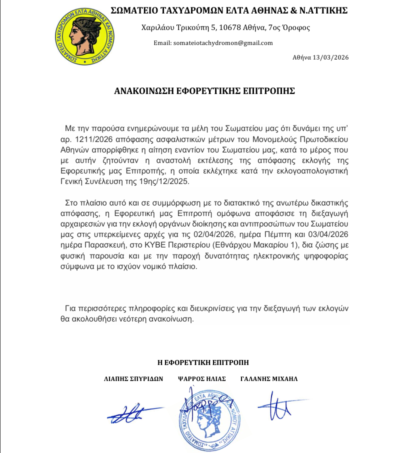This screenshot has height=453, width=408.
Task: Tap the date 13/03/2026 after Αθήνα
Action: [x=329, y=57]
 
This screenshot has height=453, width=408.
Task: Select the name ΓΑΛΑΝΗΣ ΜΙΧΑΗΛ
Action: [x=269, y=378]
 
